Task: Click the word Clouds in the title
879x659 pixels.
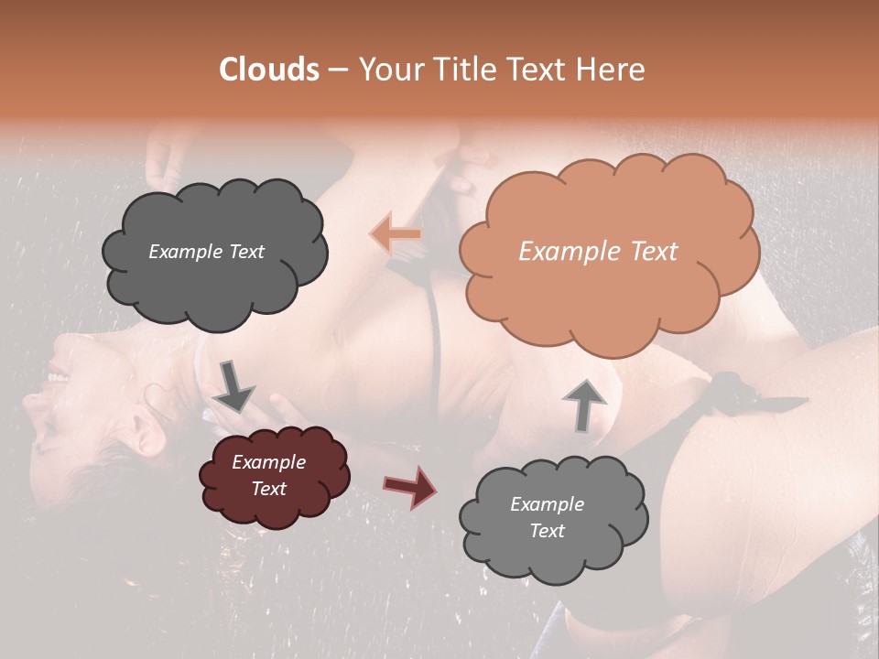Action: coord(269,70)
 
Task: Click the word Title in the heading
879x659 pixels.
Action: coord(456,70)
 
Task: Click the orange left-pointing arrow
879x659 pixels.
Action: coord(396,234)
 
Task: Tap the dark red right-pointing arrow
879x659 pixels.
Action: coord(411,487)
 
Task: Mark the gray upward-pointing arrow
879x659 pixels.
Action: coord(584,404)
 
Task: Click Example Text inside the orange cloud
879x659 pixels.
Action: coord(598,252)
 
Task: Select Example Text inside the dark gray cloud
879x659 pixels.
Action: coord(206,252)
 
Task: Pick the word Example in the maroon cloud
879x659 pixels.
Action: coord(268,462)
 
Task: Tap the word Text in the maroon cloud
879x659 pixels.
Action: coord(268,489)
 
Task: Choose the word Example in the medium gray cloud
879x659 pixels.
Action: coord(547,504)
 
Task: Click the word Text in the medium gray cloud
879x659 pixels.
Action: coord(547,531)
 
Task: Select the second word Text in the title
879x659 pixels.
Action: coord(536,70)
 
